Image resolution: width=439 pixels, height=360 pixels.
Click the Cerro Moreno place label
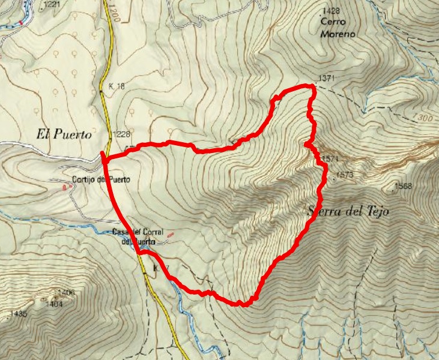coord(338,28)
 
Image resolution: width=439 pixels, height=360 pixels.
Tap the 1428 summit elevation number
coord(332,11)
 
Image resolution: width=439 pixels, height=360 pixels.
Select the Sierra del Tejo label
coord(348,211)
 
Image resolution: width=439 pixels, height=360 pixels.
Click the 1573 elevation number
coord(345,175)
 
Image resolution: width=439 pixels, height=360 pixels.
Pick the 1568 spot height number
coord(404,186)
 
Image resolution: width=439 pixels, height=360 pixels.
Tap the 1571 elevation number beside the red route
coord(331,159)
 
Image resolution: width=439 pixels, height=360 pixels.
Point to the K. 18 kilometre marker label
coord(117,87)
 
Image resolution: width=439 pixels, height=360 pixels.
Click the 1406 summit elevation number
coord(66,292)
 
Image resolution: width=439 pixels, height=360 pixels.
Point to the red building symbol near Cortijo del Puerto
coord(65,187)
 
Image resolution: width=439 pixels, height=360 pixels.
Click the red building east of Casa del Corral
coord(171,234)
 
